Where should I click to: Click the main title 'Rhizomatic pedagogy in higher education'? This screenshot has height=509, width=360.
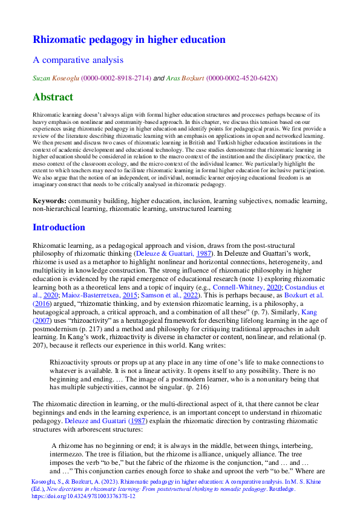tap(128, 40)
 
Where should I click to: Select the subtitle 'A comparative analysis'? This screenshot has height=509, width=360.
tap(77, 60)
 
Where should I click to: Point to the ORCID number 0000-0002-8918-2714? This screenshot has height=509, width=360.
tap(117, 78)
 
